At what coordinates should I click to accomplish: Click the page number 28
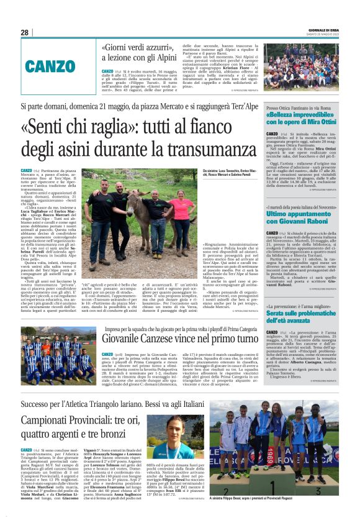tap(24, 32)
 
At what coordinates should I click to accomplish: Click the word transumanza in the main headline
tap(204, 150)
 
